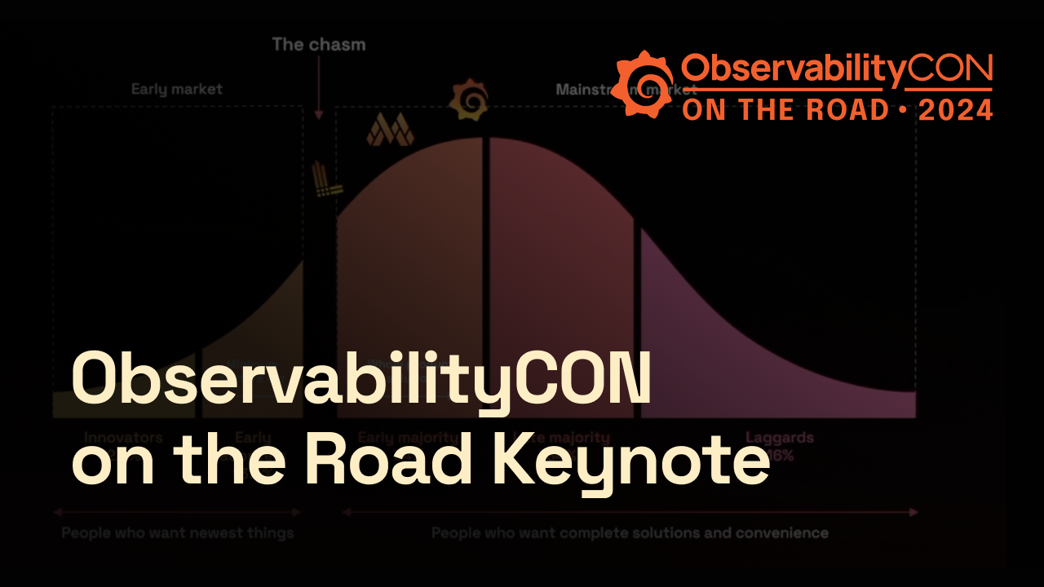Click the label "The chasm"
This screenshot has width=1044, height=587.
[x=319, y=44]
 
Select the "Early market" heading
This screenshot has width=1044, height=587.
[x=177, y=89]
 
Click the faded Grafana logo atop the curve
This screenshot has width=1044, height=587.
[x=468, y=99]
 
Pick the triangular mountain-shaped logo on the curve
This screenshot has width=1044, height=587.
[x=390, y=130]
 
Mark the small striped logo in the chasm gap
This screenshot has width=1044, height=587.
[x=327, y=180]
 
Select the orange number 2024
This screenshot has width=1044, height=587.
[x=956, y=110]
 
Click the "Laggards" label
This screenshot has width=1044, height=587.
[x=779, y=438]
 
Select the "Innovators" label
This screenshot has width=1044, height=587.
[x=123, y=438]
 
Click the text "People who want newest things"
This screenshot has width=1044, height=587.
[x=178, y=534]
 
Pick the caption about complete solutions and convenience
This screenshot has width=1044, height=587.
[x=630, y=534]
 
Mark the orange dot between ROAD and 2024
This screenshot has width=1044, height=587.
[x=903, y=110]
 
